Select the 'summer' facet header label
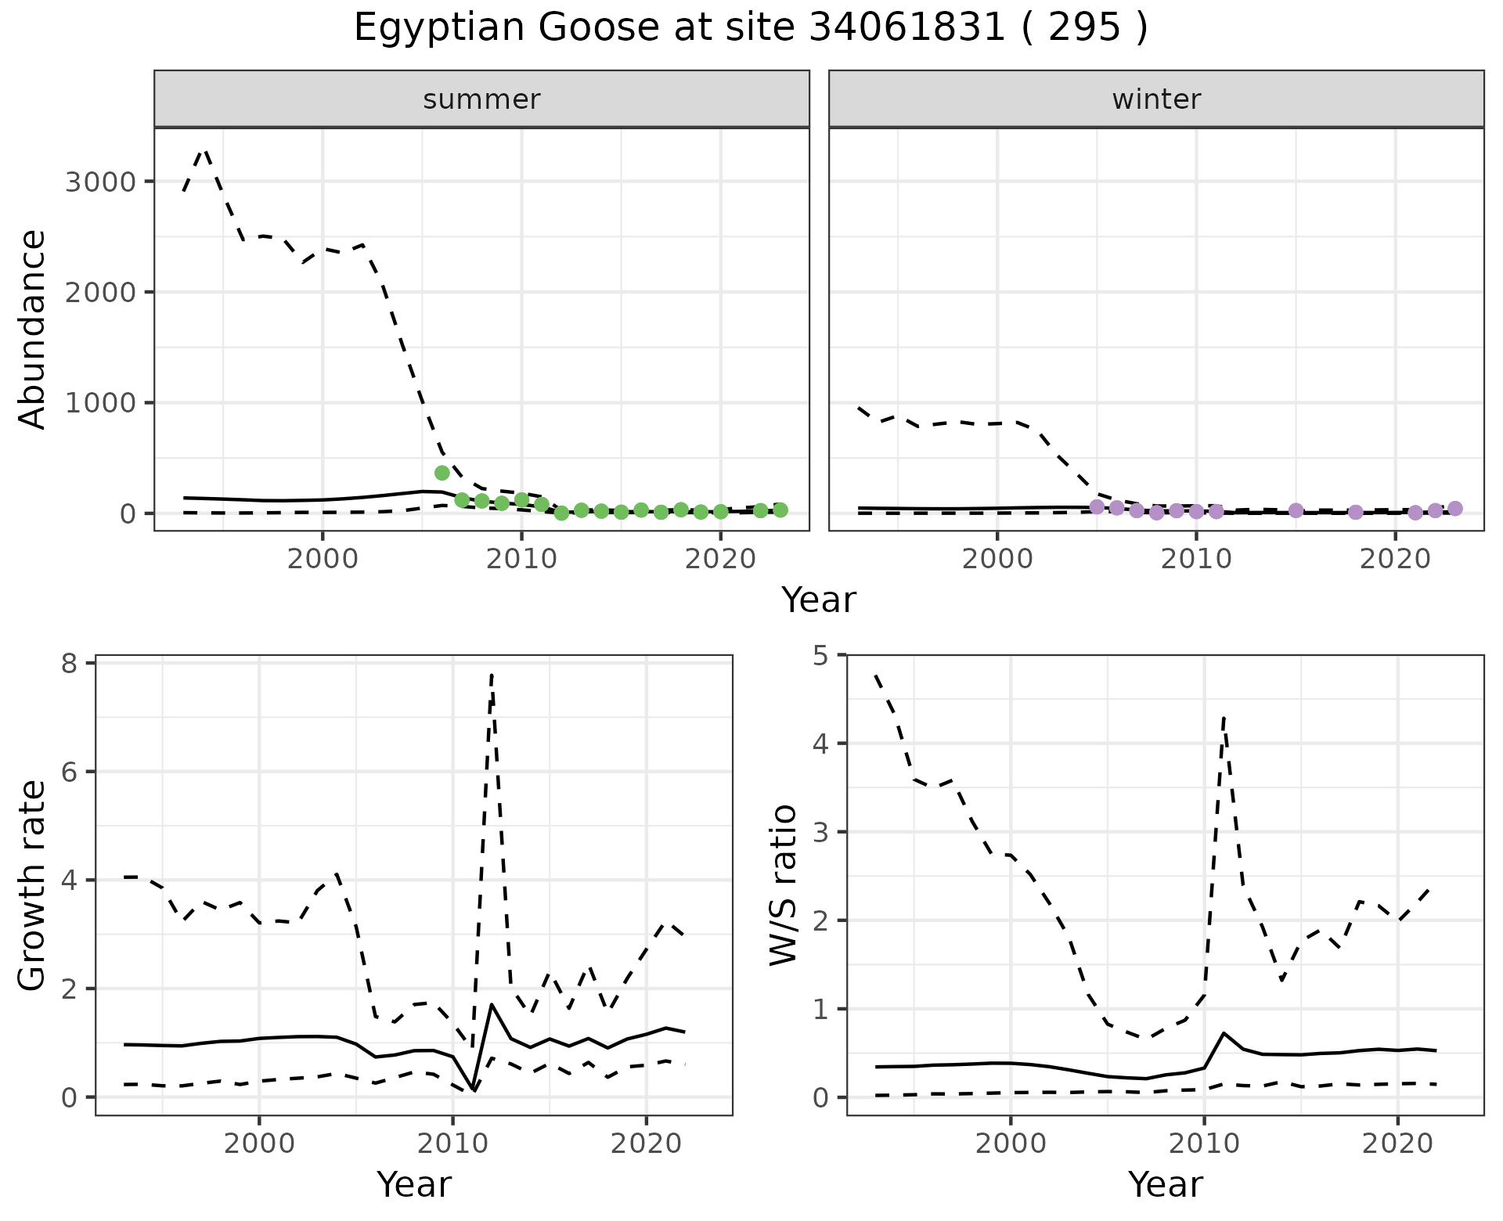tap(481, 99)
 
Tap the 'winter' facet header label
tap(1156, 99)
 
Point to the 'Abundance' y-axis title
tap(32, 329)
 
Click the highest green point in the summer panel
tap(442, 473)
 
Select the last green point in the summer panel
tap(780, 510)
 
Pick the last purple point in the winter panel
tap(1454, 509)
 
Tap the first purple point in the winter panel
tap(1097, 506)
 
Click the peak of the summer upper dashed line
tap(205, 149)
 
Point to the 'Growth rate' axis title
tap(32, 886)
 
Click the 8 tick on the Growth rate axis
tap(70, 664)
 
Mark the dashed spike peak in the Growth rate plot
tap(491, 673)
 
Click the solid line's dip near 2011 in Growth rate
tap(474, 1090)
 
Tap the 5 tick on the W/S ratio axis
tap(820, 655)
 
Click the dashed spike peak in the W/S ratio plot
tap(1224, 716)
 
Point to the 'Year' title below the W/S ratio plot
tap(1165, 1185)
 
